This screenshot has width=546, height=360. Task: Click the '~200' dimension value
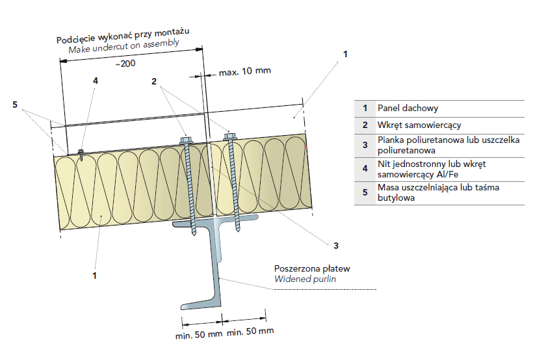click(x=125, y=64)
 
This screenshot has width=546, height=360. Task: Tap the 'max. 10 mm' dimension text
click(x=245, y=71)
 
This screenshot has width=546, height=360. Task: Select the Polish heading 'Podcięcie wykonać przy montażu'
click(x=123, y=36)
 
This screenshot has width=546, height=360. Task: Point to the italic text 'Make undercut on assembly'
click(x=124, y=46)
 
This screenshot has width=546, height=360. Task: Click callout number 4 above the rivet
click(x=96, y=81)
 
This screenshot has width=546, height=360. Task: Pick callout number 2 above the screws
click(x=154, y=81)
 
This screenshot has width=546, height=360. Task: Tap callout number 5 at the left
click(x=14, y=105)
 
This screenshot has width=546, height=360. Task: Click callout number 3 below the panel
click(x=335, y=246)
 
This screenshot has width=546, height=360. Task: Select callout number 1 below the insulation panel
click(x=94, y=276)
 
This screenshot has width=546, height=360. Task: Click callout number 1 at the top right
click(x=345, y=55)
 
